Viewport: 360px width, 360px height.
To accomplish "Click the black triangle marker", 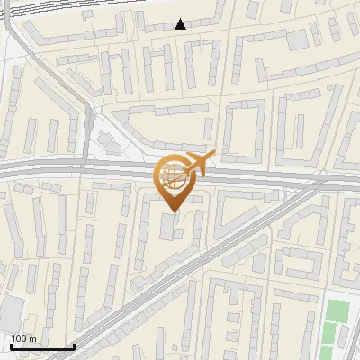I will click(x=181, y=24).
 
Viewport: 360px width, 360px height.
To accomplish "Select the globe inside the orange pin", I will click(x=174, y=177).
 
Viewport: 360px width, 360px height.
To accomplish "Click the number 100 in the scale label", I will click(x=19, y=338).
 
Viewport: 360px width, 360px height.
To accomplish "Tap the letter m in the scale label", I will click(x=32, y=338).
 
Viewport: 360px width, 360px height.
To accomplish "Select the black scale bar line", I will click(x=41, y=347).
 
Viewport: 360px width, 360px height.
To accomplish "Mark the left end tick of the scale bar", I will click(x=10, y=346).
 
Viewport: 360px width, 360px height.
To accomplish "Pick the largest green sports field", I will click(x=337, y=312).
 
